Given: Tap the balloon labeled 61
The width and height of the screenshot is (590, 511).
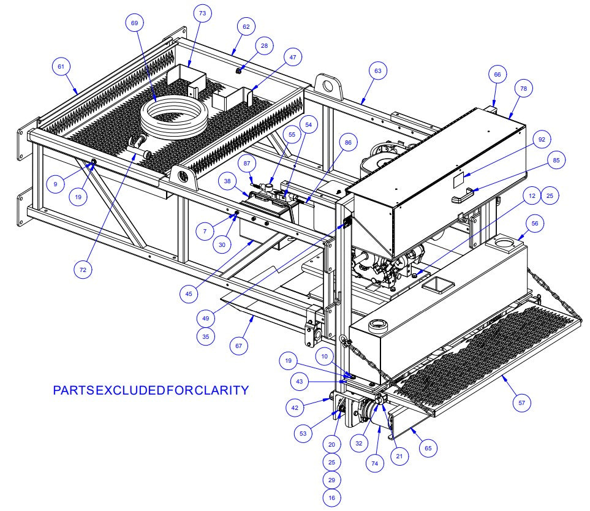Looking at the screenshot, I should (x=61, y=67).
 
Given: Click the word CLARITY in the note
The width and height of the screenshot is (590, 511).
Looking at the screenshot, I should (x=223, y=390).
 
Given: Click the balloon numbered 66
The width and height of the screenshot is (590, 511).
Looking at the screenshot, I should (x=496, y=74).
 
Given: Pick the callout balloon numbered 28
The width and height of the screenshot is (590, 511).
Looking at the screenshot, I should (x=264, y=47).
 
